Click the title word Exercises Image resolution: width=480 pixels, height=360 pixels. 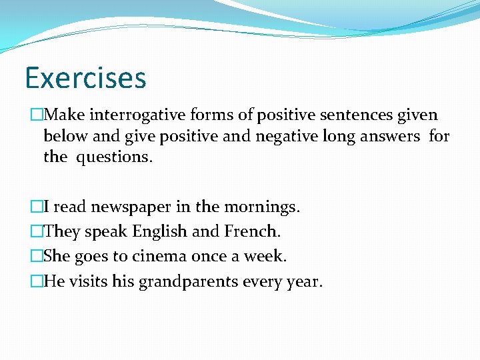[85, 77]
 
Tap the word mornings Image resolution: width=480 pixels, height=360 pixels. [263, 207]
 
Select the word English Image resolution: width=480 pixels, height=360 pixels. [160, 232]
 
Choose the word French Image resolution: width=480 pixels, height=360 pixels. [252, 232]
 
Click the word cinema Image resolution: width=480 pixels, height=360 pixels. [161, 257]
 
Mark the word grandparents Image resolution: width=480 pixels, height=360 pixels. [188, 282]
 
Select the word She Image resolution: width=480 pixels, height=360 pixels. [57, 257]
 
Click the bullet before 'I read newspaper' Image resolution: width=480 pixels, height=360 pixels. [37, 207]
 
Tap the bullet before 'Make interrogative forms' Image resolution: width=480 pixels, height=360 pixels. [37, 115]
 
